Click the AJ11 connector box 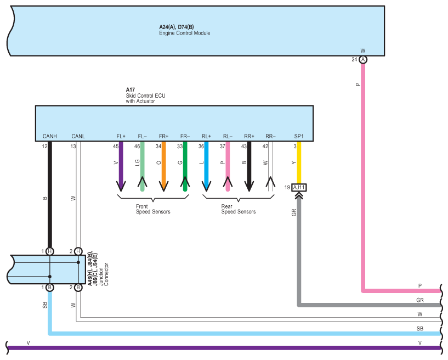coord(299,188)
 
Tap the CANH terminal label coord(50,137)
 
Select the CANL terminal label coord(78,137)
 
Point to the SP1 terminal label coord(299,137)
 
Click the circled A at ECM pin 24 coord(363,59)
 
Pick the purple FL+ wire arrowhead coord(121,186)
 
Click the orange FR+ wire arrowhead coord(164,186)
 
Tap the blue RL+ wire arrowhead coord(206,186)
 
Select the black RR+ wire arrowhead coord(249,186)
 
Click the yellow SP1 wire coord(299,162)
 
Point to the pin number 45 coord(116,147)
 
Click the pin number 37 coord(223,147)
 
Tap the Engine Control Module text coord(185,33)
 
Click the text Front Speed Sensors coord(153,209)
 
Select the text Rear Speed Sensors coord(239,209)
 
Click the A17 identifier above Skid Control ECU coord(131,90)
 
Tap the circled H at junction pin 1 coord(50,251)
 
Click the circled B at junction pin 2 coord(78,288)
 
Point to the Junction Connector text coord(104,274)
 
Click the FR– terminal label coord(185,137)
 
